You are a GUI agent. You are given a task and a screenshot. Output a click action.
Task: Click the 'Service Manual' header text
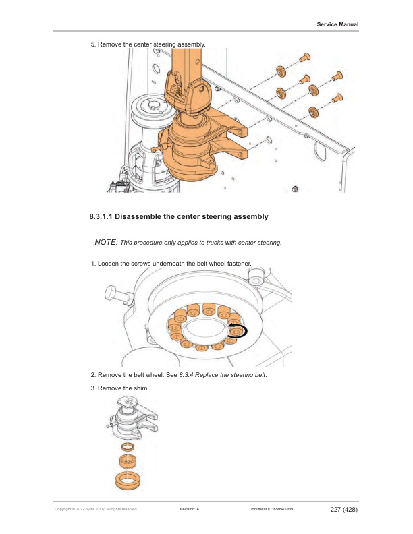tap(337, 24)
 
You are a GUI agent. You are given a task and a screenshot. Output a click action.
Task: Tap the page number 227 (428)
tap(343, 509)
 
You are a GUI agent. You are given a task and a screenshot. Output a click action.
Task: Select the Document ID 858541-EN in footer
tap(271, 510)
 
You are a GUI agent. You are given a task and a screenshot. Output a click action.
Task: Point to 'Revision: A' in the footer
tap(190, 510)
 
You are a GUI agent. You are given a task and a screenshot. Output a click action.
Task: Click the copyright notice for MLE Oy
tap(96, 510)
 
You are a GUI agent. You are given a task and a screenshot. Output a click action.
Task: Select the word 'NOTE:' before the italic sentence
tap(106, 241)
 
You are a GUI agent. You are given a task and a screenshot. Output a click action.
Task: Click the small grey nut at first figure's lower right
tap(294, 188)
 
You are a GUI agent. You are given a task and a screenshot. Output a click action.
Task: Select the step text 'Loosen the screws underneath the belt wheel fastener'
tap(175, 262)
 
